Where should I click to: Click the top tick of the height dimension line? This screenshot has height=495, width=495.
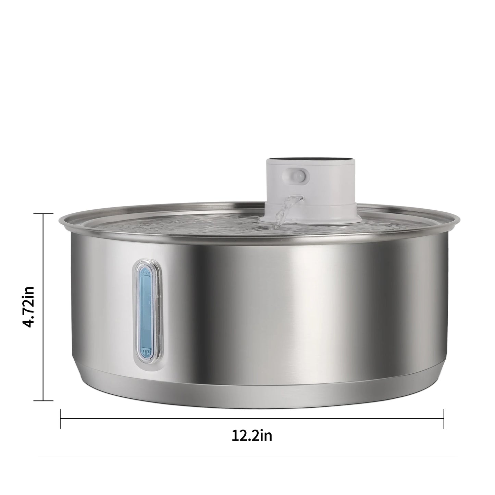click(43, 214)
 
